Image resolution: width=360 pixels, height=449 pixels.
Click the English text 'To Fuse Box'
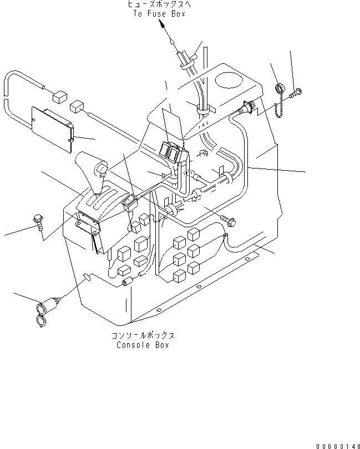pyautogui.click(x=159, y=14)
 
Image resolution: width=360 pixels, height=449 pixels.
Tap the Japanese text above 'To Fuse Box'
pyautogui.click(x=159, y=5)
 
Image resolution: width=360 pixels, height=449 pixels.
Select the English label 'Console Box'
pyautogui.click(x=143, y=345)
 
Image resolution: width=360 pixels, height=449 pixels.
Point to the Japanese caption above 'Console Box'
pyautogui.click(x=143, y=336)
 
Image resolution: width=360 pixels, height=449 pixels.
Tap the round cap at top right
pyautogui.click(x=281, y=88)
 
